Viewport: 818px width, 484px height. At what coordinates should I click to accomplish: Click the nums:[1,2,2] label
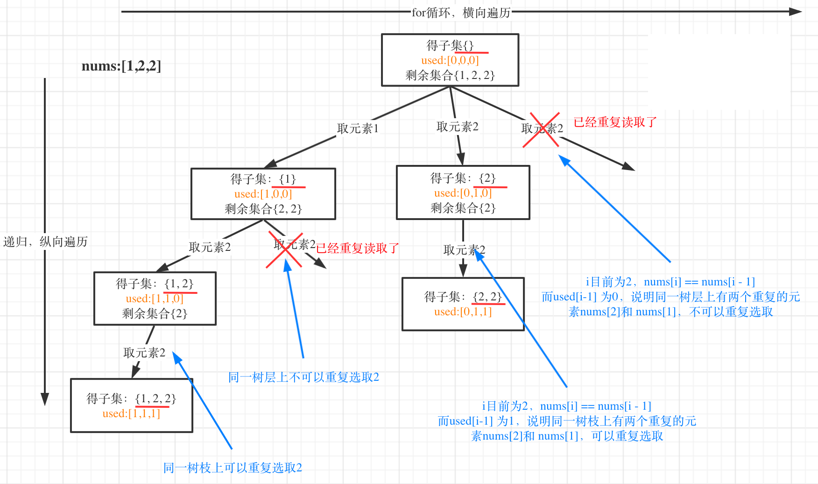pyautogui.click(x=121, y=66)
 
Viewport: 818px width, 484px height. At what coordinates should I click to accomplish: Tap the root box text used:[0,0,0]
pyautogui.click(x=450, y=60)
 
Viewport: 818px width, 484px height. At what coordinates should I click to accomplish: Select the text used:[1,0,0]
pyautogui.click(x=263, y=194)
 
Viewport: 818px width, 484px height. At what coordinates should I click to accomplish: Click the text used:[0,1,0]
pyautogui.click(x=463, y=193)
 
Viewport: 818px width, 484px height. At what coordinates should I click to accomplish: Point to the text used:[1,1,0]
pyautogui.click(x=155, y=299)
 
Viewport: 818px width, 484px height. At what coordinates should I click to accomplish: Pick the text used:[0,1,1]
pyautogui.click(x=463, y=312)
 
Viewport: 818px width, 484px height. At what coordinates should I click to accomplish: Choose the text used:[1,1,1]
pyautogui.click(x=131, y=413)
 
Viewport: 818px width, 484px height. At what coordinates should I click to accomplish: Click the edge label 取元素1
pyautogui.click(x=358, y=128)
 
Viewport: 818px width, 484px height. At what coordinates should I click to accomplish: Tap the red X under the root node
pyautogui.click(x=541, y=130)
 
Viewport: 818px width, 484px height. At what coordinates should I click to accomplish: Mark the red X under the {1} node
pyautogui.click(x=284, y=250)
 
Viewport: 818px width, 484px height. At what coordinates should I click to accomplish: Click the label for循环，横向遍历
pyautogui.click(x=461, y=13)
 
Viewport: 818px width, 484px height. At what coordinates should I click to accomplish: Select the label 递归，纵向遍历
pyautogui.click(x=45, y=242)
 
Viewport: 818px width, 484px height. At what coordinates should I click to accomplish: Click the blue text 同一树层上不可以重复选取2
pyautogui.click(x=303, y=377)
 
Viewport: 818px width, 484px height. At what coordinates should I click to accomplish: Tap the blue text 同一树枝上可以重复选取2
pyautogui.click(x=233, y=468)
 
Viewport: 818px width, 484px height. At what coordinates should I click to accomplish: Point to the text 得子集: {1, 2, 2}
pyautogui.click(x=131, y=399)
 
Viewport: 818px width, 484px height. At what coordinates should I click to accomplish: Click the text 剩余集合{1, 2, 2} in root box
pyautogui.click(x=450, y=75)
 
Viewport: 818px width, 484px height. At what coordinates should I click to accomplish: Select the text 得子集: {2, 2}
pyautogui.click(x=463, y=297)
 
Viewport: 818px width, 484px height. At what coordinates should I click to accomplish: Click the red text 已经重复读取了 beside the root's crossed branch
pyautogui.click(x=615, y=122)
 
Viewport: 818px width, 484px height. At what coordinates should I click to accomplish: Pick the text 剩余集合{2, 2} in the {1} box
pyautogui.click(x=263, y=209)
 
